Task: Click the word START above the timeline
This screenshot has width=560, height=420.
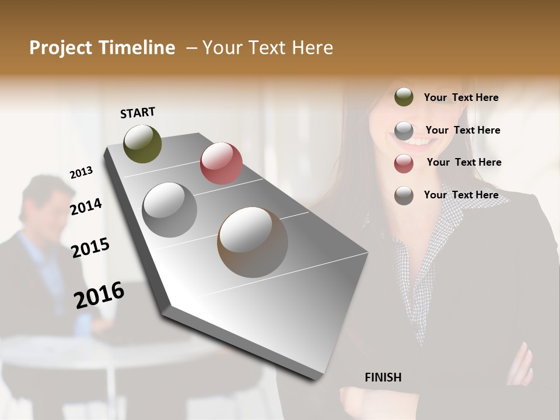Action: [138, 113]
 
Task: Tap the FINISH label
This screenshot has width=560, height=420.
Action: [383, 377]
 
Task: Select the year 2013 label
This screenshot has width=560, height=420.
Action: [81, 173]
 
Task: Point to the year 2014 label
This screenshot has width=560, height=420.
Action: [86, 206]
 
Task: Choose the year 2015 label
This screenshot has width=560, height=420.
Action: [90, 248]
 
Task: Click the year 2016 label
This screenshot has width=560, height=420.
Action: [99, 295]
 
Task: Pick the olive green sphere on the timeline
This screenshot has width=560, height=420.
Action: [142, 143]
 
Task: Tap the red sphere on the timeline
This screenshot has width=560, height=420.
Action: [221, 163]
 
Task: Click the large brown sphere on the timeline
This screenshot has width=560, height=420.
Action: [253, 242]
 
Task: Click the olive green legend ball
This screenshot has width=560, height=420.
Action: [404, 97]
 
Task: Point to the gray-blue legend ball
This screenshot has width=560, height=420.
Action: [404, 131]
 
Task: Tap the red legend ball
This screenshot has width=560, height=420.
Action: [404, 163]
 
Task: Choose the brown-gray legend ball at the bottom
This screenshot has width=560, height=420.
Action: [404, 195]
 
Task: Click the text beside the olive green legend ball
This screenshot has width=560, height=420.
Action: [461, 98]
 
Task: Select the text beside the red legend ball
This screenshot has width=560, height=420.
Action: [464, 162]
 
